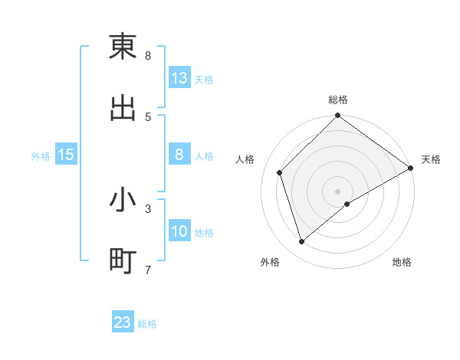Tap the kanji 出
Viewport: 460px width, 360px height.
pos(123,108)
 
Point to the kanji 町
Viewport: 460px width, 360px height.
pos(123,261)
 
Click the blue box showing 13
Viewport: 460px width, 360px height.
pos(179,77)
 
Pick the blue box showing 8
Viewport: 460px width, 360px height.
pos(179,154)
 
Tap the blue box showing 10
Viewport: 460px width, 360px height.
pos(179,231)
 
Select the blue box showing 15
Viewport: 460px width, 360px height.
pos(66,155)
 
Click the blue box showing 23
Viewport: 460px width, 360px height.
pos(123,322)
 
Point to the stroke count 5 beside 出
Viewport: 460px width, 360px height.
pos(148,117)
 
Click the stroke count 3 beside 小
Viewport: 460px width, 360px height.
pos(148,208)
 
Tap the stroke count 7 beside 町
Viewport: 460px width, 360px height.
pos(148,270)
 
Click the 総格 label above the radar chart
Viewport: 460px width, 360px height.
pos(338,100)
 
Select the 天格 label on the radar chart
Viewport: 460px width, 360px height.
pos(431,159)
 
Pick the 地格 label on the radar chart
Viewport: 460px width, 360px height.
pos(402,262)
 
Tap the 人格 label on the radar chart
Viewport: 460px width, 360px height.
pos(245,159)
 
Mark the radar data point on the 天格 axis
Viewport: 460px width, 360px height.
pos(410,168)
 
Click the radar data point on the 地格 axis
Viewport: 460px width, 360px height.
pos(347,204)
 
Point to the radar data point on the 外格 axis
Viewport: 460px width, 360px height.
pos(302,241)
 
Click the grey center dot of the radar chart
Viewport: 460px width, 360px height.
pos(338,191)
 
